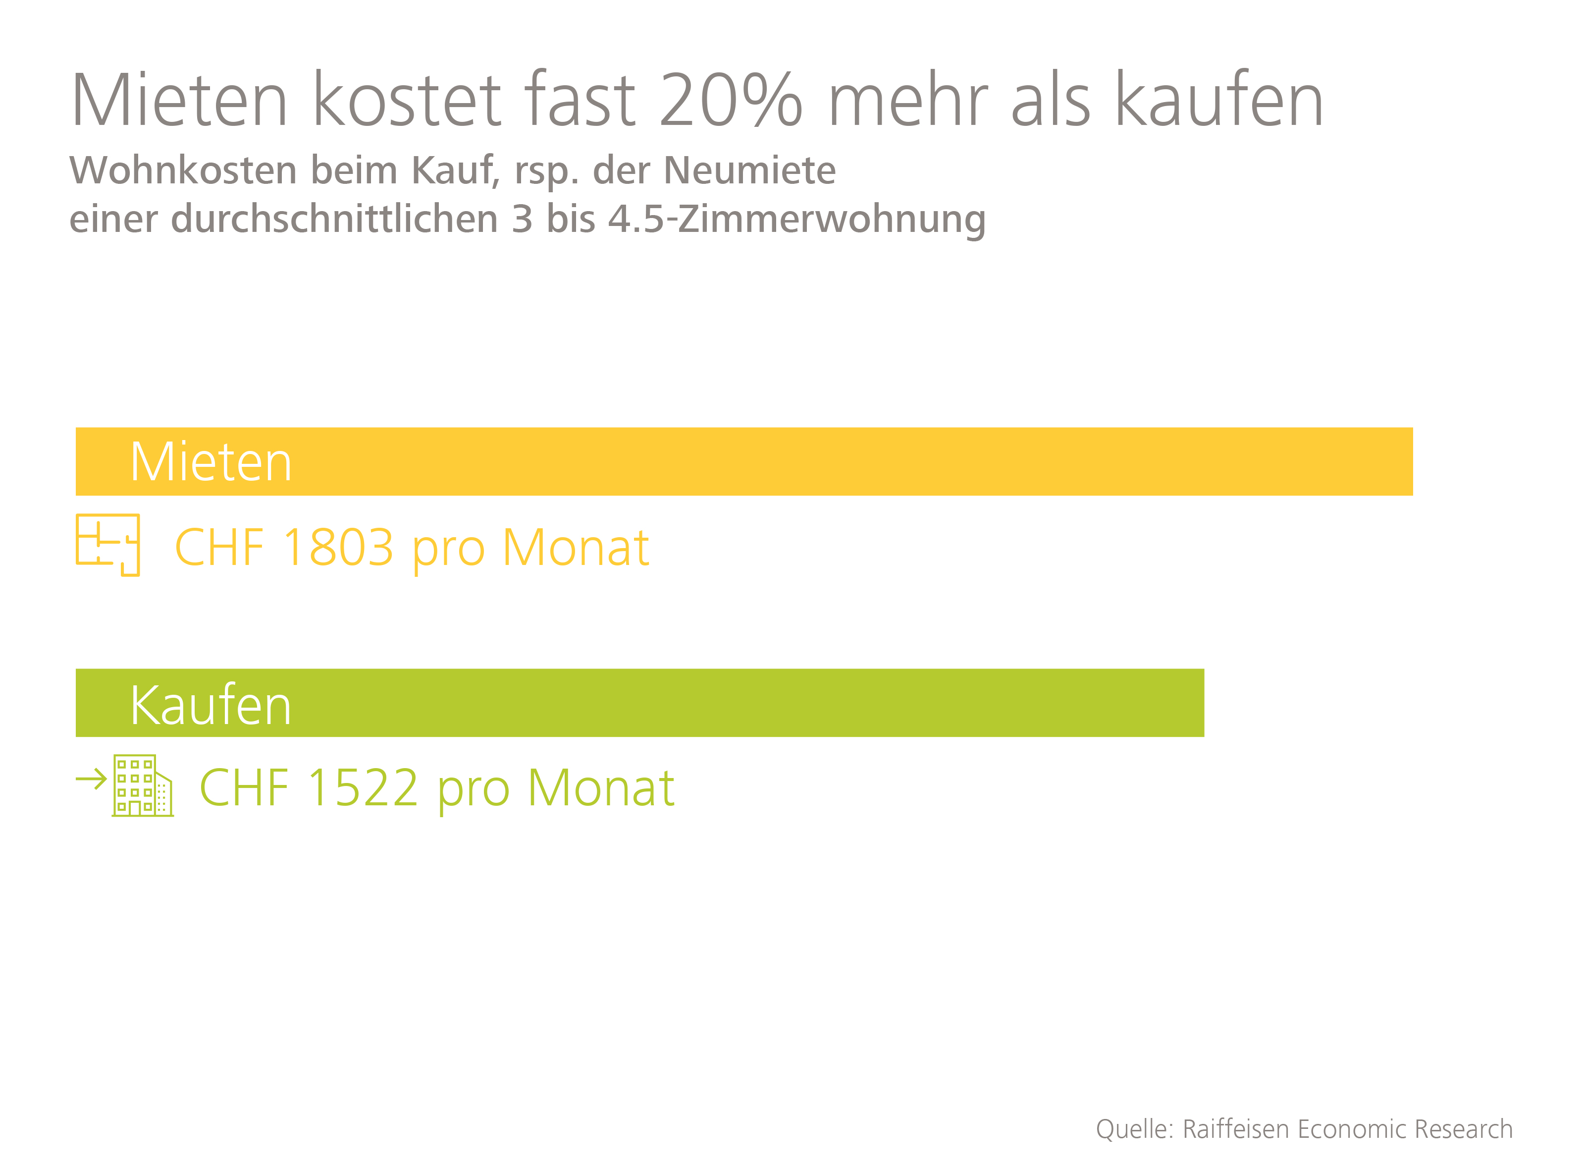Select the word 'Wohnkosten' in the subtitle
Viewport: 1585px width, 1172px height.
pos(183,170)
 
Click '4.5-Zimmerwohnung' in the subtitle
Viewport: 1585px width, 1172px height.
pos(796,219)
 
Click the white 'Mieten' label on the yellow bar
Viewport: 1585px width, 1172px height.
pos(211,462)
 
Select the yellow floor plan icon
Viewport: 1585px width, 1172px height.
pos(108,545)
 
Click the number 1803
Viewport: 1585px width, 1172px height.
pos(338,548)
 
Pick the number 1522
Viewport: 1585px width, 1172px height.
pos(363,788)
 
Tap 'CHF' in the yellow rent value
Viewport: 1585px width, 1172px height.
pos(219,548)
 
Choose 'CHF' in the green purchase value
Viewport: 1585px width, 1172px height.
pos(244,788)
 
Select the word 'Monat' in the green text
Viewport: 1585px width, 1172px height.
pos(601,788)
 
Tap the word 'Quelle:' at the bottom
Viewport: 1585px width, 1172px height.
pos(1135,1129)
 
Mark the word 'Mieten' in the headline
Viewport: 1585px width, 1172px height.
pos(179,101)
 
